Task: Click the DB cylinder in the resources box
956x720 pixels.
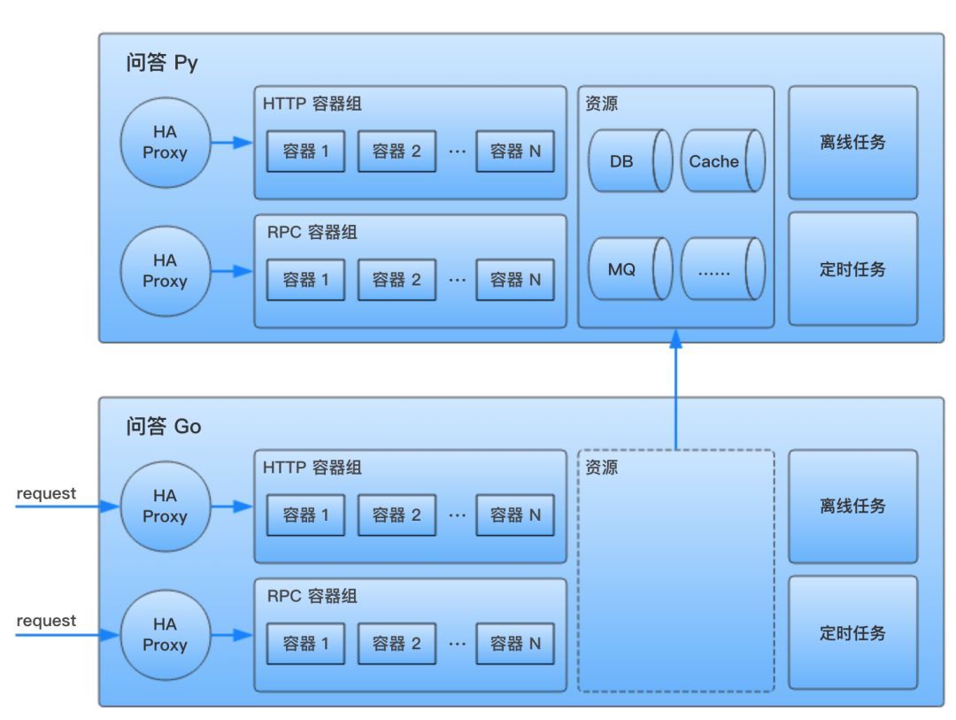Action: coord(629,160)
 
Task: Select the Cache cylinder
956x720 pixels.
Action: coord(721,160)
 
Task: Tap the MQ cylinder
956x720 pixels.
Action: coord(629,268)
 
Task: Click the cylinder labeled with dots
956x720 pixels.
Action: coord(721,268)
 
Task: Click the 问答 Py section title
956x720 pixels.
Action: coord(162,64)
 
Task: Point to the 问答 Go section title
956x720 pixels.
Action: coord(164,427)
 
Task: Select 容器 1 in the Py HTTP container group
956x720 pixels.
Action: coord(305,151)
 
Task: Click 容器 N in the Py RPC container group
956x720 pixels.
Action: coord(515,280)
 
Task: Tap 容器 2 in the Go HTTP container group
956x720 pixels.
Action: coord(397,515)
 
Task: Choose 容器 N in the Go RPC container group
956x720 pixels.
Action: coord(515,644)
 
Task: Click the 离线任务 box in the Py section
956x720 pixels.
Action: coord(852,143)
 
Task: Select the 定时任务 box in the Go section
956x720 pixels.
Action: coord(852,633)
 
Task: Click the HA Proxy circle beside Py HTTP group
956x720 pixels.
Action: coord(166,143)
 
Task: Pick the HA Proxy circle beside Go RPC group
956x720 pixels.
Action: coord(166,635)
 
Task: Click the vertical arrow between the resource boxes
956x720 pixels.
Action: coord(676,390)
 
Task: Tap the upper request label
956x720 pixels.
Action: coord(46,493)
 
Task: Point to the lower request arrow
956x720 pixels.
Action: coord(66,635)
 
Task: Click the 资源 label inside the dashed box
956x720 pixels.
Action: coord(602,468)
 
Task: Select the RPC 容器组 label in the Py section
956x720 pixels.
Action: coord(312,233)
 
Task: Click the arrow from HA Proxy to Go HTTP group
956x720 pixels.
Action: coord(232,507)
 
